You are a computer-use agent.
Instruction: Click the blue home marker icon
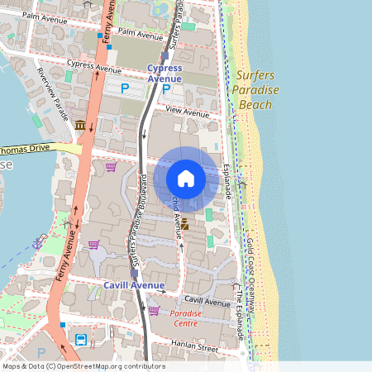pyautogui.click(x=186, y=179)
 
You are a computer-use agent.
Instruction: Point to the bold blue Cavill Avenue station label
pyautogui.click(x=134, y=285)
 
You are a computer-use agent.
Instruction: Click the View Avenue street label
pyautogui.click(x=188, y=112)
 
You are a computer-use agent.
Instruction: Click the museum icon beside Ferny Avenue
pyautogui.click(x=80, y=125)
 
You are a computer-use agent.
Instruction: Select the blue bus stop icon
pyautogui.click(x=81, y=340)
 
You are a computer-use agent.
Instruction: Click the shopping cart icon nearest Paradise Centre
pyautogui.click(x=154, y=311)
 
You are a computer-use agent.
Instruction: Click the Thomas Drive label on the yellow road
pyautogui.click(x=25, y=150)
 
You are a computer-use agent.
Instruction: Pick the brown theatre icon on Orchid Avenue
pyautogui.click(x=185, y=224)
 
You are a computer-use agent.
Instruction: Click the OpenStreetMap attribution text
pyautogui.click(x=83, y=366)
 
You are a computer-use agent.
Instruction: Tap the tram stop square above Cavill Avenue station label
pyautogui.click(x=134, y=273)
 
